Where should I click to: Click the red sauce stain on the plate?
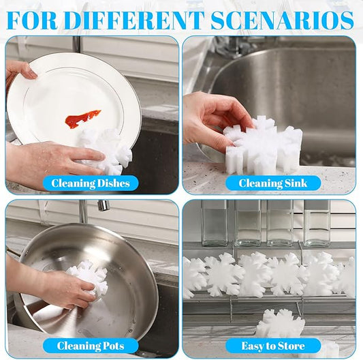click(82, 119)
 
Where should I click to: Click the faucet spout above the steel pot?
click(103, 205)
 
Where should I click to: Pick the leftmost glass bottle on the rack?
click(214, 222)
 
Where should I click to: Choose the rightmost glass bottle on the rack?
click(317, 222)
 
